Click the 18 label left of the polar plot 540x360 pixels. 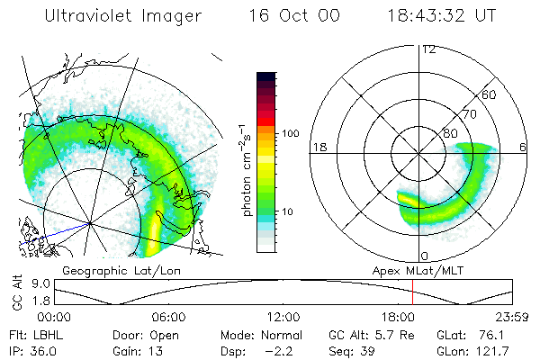(318, 147)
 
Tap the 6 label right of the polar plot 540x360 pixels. (523, 147)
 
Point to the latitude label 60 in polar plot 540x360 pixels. (490, 94)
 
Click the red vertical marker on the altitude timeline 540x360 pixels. (412, 292)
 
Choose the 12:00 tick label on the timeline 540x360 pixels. (283, 317)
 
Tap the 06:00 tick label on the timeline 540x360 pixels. (168, 317)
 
